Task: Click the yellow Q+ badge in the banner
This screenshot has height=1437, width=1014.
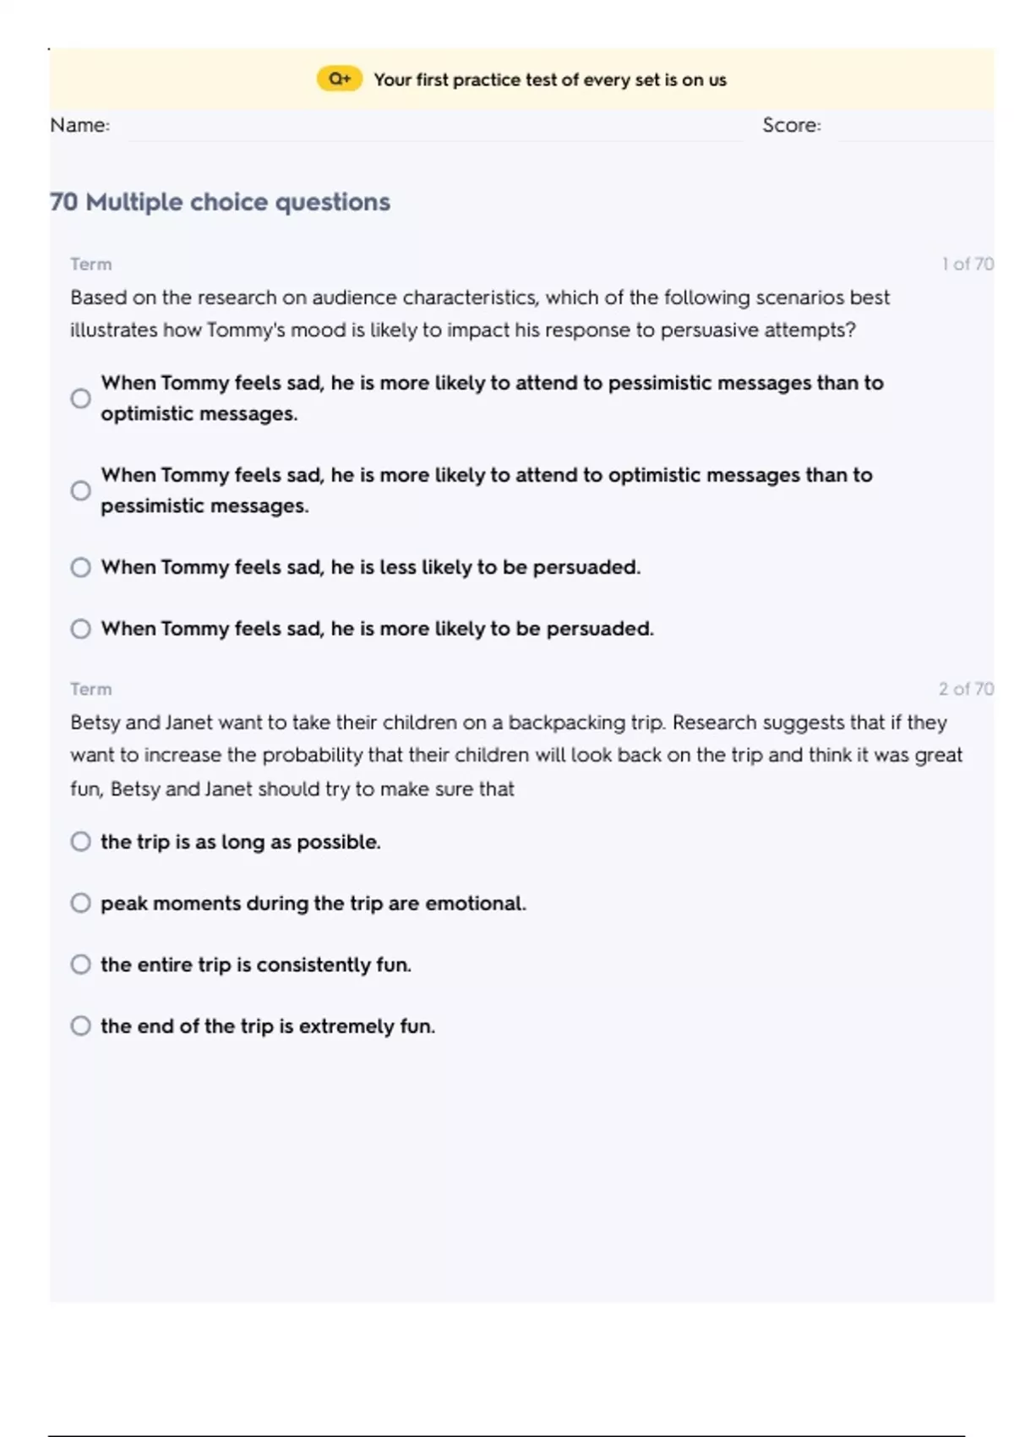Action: coord(340,79)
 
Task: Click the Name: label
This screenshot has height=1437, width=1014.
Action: coord(79,125)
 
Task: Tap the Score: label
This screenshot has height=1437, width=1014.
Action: coord(791,125)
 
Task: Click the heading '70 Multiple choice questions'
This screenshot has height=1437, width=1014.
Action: coord(220,202)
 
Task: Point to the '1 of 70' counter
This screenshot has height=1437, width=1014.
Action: coord(968,264)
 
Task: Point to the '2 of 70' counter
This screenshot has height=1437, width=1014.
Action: coord(966,689)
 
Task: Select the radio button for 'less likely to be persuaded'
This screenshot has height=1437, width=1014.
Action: coord(81,567)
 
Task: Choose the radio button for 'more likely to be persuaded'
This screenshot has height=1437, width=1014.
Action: coord(81,629)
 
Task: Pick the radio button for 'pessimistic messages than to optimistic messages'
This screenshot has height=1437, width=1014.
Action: coord(81,398)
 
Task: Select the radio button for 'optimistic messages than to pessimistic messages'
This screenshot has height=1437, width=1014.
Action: coord(81,490)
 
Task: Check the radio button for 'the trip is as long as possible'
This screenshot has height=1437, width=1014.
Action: coord(81,842)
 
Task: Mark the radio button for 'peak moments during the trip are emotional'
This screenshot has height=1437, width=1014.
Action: coord(81,903)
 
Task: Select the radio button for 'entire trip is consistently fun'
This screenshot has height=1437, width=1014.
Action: coord(81,964)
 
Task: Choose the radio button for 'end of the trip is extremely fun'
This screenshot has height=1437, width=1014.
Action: coord(81,1026)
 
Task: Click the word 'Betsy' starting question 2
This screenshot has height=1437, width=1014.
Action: coord(95,723)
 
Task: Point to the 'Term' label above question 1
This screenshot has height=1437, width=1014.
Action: coord(90,264)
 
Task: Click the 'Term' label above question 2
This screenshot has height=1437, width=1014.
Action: coord(90,689)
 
